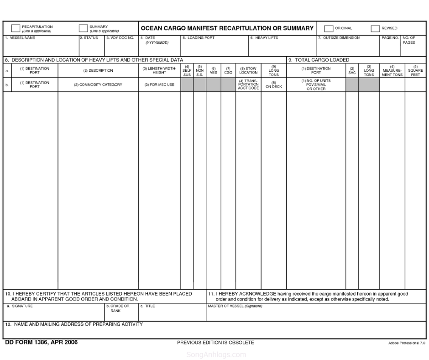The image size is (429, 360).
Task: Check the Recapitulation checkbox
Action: [16, 28]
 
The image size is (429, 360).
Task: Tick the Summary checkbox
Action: [83, 28]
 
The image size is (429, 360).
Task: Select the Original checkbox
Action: [329, 28]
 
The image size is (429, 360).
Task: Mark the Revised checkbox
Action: [375, 28]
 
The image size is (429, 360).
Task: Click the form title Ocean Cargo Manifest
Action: [227, 28]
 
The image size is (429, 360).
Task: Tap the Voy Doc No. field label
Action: [120, 38]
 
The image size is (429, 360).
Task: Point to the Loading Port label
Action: [199, 38]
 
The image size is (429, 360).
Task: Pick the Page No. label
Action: [390, 38]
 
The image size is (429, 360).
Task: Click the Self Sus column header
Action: [187, 71]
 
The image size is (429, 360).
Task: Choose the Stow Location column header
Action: [248, 71]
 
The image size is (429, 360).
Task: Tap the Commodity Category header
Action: [98, 85]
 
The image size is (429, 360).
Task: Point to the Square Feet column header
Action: [415, 71]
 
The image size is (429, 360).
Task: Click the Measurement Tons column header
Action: [392, 71]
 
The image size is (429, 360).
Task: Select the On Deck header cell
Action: [274, 85]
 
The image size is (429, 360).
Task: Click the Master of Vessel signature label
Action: [235, 306]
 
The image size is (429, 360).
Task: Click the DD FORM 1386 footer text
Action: [41, 343]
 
